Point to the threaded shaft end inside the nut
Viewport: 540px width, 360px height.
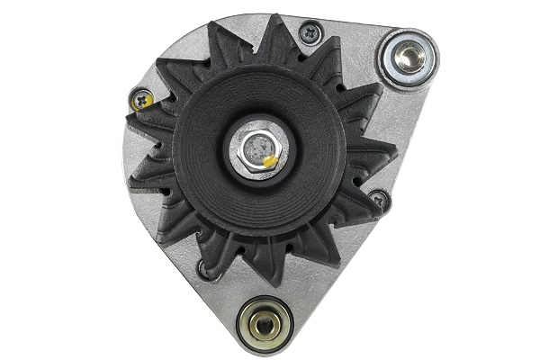(x=256, y=147)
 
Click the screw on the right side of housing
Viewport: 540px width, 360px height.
(x=379, y=200)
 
